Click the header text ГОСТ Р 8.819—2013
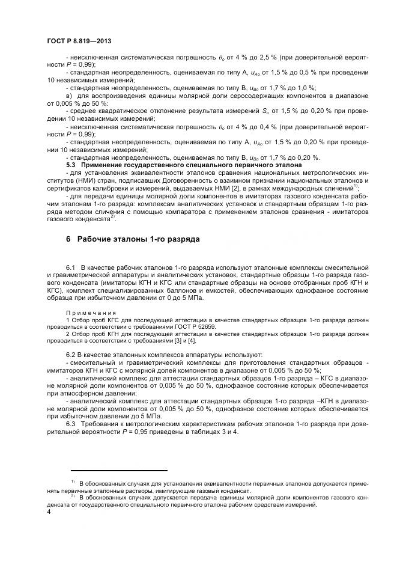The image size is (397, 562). click(79, 41)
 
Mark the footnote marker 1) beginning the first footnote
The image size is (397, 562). click(72, 482)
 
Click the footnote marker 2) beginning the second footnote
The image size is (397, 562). click(72, 496)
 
